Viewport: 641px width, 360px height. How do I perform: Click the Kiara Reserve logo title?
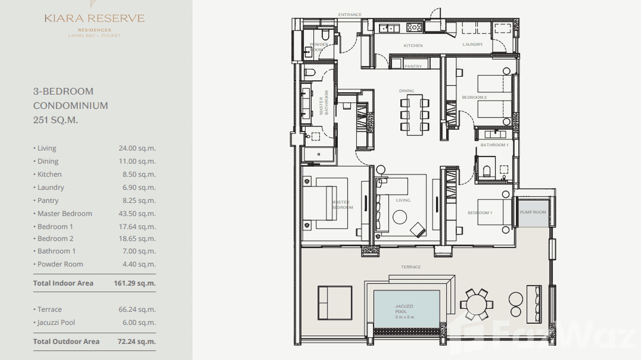point(95,19)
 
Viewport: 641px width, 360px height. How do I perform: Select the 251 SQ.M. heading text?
point(55,120)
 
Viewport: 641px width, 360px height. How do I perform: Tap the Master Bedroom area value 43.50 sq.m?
point(137,213)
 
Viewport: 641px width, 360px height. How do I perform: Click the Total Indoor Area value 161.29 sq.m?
point(135,283)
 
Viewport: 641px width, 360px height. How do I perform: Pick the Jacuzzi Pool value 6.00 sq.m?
point(139,322)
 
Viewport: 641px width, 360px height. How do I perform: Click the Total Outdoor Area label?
point(66,341)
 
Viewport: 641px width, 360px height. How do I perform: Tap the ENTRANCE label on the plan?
point(350,15)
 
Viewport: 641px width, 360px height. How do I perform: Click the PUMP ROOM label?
point(533,212)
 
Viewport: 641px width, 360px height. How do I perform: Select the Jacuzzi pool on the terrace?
point(406,309)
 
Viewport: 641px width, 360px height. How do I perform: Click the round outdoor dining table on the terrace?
point(476,304)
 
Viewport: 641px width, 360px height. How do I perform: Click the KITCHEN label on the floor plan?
point(413,46)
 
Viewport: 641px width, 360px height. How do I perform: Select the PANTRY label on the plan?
point(413,66)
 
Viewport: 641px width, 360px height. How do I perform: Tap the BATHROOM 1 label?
point(494,145)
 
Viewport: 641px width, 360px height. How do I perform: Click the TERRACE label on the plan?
point(411,267)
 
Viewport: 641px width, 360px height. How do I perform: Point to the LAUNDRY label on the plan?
point(473,44)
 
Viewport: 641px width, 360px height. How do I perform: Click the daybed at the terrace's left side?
point(335,302)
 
